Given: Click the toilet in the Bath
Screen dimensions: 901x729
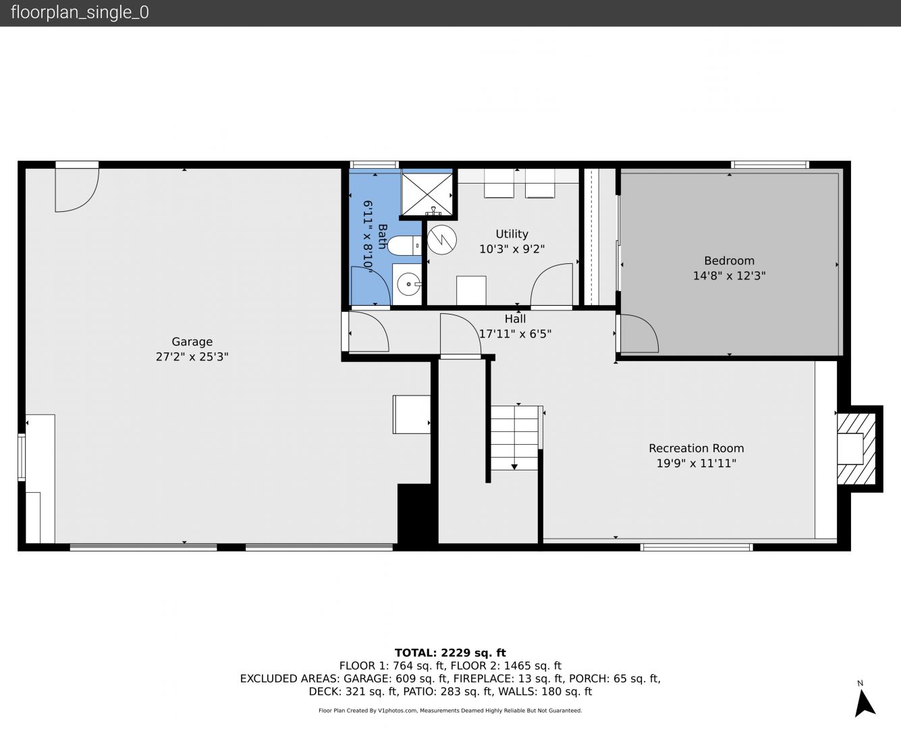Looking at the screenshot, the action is tap(404, 246).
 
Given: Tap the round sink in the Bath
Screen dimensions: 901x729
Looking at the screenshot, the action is tap(408, 284).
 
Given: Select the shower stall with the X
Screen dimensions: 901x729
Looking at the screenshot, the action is tap(427, 194).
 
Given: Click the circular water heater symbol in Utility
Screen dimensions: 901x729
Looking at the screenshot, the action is tap(441, 240).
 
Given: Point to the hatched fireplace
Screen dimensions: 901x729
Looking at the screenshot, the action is tap(856, 448).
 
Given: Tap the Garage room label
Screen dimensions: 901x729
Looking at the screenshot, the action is tap(192, 342).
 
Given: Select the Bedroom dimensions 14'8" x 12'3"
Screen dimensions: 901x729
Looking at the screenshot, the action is tap(730, 276).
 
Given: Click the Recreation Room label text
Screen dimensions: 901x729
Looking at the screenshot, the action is tap(697, 448).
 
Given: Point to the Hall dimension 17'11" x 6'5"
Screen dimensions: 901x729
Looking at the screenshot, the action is tap(515, 334).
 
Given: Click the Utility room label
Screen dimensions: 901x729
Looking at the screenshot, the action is tap(512, 234).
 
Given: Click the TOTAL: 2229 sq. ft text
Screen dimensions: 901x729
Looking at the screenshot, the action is tap(450, 653).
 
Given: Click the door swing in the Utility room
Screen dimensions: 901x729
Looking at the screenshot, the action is tap(551, 284).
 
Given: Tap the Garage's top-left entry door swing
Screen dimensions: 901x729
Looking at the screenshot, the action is tap(77, 190).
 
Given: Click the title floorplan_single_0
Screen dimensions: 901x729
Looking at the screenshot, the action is tap(80, 13).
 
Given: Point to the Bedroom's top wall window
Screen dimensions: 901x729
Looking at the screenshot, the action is tap(770, 165).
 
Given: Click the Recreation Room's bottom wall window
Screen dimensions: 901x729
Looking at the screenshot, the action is tap(697, 547).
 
